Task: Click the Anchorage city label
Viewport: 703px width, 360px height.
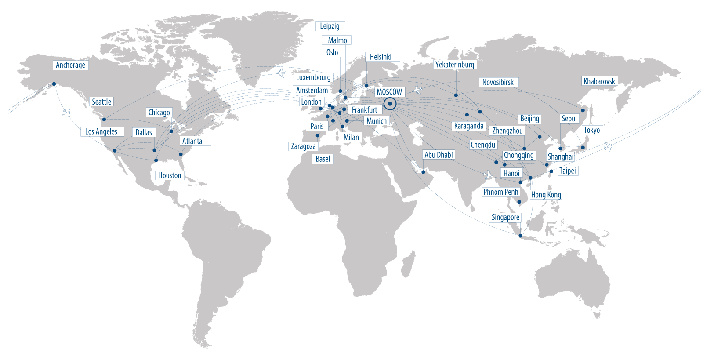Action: pos(70,65)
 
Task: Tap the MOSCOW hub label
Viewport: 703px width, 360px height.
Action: pos(389,92)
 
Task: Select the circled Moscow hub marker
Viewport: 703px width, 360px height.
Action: pos(390,104)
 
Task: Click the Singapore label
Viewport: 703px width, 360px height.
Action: pos(505,217)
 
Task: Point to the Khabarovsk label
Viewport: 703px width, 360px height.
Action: pos(599,81)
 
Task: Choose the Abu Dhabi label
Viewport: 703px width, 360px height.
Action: pos(438,155)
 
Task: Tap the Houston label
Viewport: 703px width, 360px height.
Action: pos(170,175)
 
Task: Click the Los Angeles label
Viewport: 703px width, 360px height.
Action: pos(101,131)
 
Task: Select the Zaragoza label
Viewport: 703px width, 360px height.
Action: pos(303,146)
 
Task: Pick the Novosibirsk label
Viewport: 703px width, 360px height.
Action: pos(498,82)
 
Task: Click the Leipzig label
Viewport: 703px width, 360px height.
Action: pos(330,26)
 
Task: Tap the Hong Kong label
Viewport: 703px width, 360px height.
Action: pos(546,195)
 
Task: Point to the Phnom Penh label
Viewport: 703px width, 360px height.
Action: pos(501,192)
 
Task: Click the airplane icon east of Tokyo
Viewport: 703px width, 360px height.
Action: pos(608,146)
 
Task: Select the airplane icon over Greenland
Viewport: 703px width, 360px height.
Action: pos(282,73)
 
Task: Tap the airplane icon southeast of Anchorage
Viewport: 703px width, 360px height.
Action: pos(66,114)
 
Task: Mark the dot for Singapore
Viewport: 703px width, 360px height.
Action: pos(521,236)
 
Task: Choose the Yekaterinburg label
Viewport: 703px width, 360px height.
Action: pos(455,65)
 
